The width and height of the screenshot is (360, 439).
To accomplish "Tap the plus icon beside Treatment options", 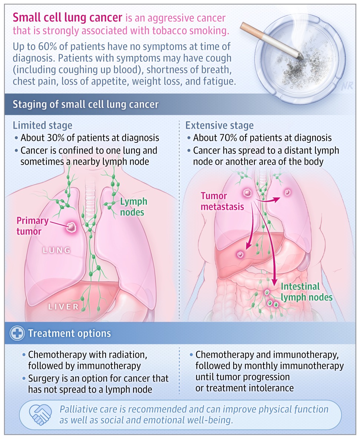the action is [17, 333].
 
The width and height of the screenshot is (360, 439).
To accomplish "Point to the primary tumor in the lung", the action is [72, 227].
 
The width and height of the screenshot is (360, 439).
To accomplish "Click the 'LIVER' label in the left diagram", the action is [63, 307].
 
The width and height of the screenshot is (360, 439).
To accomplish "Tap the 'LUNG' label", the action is [57, 250].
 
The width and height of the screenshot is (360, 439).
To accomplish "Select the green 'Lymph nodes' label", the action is [133, 207].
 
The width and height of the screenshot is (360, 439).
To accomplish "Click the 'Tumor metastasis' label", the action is [222, 201].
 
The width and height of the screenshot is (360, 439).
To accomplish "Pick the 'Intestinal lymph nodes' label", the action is [307, 292].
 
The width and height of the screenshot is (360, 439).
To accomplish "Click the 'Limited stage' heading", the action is [43, 125].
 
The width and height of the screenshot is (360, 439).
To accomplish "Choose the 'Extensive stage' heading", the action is [219, 125].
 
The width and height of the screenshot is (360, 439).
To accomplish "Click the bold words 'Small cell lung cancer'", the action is [67, 18].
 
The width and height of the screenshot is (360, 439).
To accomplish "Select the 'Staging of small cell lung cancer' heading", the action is [86, 104].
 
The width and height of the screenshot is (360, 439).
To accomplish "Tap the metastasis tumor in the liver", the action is [240, 254].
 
